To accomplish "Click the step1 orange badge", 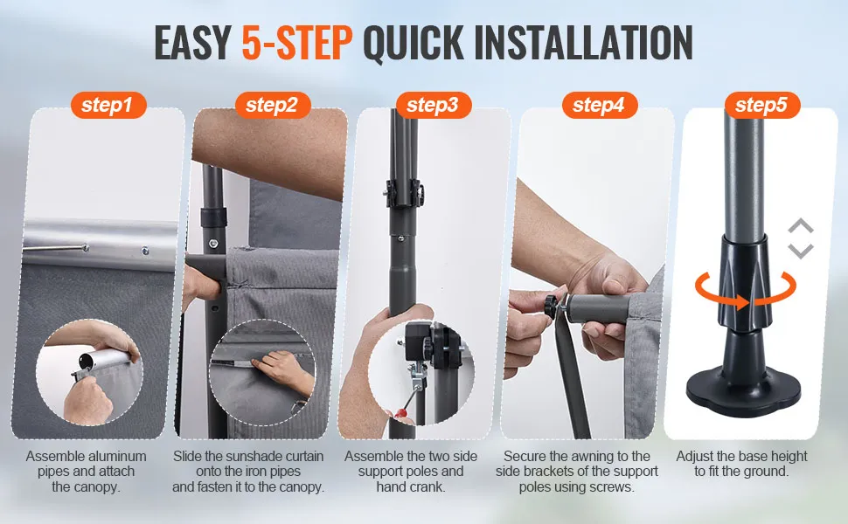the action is tap(108, 105).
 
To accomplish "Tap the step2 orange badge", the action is tap(273, 105).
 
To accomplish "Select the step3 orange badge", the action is tap(434, 105).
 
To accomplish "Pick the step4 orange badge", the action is tap(600, 105).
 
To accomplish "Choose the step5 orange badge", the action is tap(762, 105).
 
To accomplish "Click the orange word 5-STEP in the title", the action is tap(297, 42).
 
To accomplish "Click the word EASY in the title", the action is tap(192, 42).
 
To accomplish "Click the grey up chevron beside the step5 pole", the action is tap(801, 226).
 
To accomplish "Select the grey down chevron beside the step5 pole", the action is tap(801, 250).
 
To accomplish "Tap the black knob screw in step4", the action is tap(551, 307).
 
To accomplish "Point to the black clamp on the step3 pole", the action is tap(403, 193).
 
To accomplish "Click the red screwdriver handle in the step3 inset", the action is tap(400, 415).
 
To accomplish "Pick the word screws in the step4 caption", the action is tap(612, 486).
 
